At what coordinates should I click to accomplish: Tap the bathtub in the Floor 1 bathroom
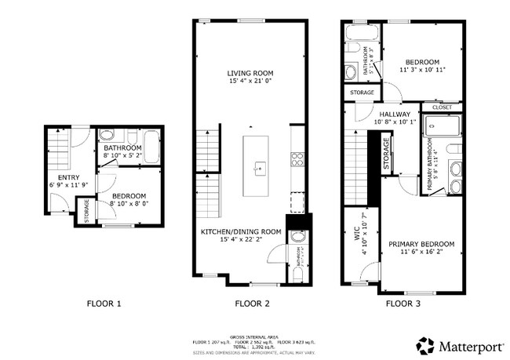(151, 144)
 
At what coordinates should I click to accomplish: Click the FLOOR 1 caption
(104, 302)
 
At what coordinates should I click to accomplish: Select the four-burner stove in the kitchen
(297, 160)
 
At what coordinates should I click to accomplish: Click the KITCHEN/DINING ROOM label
(240, 231)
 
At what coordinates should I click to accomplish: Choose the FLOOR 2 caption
(252, 302)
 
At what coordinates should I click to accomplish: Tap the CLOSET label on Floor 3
(441, 107)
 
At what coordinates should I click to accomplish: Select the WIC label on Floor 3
(355, 235)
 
